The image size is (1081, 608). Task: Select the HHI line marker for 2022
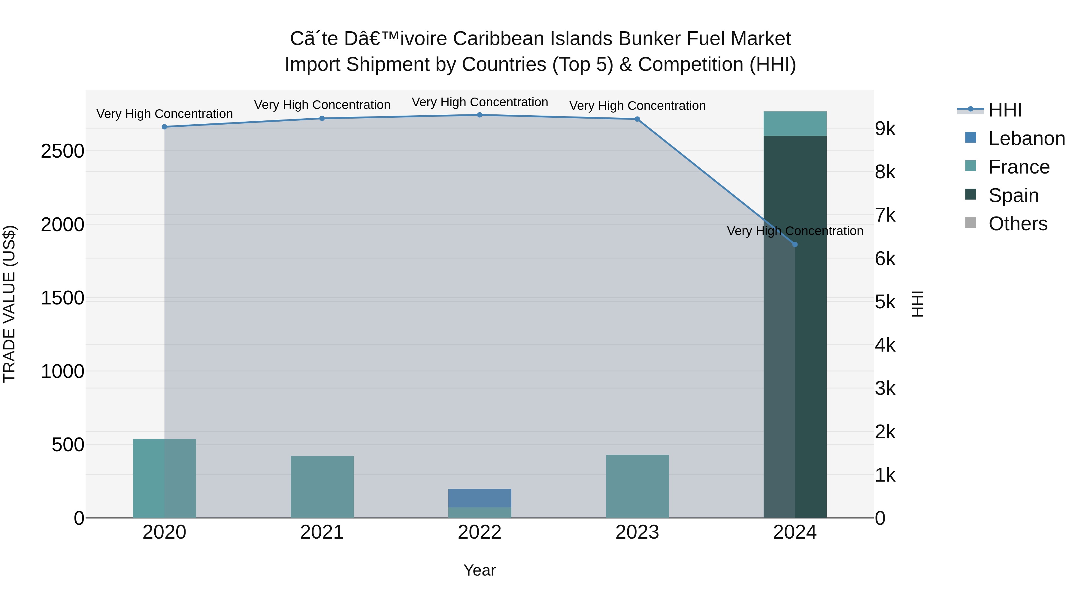point(480,115)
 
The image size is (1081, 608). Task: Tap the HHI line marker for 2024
point(795,245)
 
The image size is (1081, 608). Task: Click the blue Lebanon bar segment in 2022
point(480,498)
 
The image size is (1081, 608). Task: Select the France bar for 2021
point(322,487)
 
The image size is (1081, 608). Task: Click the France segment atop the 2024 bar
point(795,123)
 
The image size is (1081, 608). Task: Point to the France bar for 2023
point(637,486)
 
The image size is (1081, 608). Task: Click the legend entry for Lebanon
point(1026,138)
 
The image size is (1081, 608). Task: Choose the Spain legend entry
point(1013,195)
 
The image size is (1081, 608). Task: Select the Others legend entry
point(1017,224)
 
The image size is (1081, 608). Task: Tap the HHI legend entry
point(1005,110)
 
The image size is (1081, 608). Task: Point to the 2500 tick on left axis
point(62,151)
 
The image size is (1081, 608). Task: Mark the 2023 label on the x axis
point(637,532)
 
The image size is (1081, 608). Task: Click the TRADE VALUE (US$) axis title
point(9,304)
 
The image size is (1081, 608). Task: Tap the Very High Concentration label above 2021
point(322,104)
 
